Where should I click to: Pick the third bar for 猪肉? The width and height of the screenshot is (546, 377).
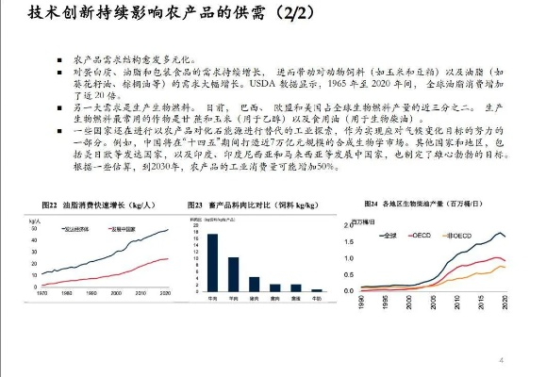point(254,282)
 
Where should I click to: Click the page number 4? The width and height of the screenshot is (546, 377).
point(501,360)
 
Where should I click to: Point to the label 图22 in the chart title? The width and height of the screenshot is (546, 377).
point(50,205)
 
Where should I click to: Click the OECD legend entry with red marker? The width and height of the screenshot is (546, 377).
point(420,234)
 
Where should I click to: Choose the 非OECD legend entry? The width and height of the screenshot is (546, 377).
point(459,234)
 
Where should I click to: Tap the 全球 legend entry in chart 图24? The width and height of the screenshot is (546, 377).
point(387,234)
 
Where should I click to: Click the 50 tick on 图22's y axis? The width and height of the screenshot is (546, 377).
point(35,230)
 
